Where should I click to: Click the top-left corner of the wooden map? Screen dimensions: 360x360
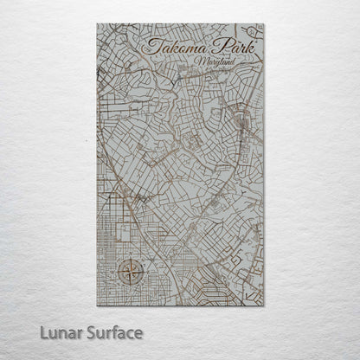click(x=98, y=24)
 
